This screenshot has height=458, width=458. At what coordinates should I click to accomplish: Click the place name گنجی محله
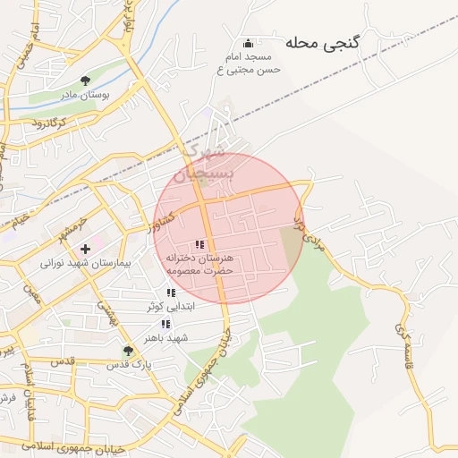pos(322,42)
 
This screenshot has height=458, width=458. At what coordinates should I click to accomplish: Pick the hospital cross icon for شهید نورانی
pos(85,248)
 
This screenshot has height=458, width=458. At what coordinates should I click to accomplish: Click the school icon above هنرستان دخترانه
pos(199,244)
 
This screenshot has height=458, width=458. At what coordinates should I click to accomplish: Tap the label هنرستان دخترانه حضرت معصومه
pos(199,263)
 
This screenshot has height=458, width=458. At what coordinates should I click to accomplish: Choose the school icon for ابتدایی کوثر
pos(170,293)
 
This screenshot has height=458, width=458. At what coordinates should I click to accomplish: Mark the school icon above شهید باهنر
pos(165,324)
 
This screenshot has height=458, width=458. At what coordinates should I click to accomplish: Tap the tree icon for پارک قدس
pos(129,350)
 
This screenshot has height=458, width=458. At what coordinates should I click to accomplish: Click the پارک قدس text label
pos(130,365)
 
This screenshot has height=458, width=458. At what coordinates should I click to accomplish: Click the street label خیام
pos(20,218)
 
